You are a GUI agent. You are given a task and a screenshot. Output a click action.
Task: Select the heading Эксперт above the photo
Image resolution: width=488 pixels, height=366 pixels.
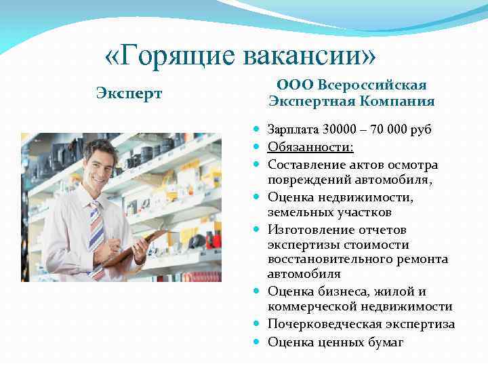tap(129, 93)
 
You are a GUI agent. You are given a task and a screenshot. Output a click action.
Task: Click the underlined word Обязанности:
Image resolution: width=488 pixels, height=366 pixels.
tap(311, 147)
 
